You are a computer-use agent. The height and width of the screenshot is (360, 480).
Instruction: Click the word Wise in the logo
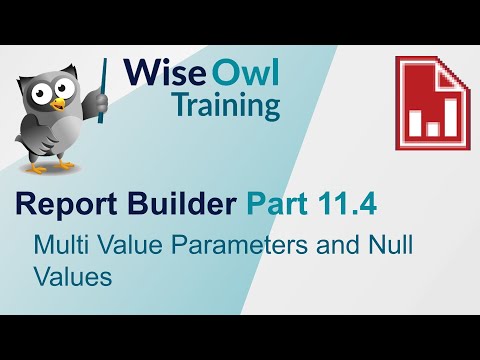point(159,73)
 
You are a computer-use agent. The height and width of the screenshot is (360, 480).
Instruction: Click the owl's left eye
point(37,91)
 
